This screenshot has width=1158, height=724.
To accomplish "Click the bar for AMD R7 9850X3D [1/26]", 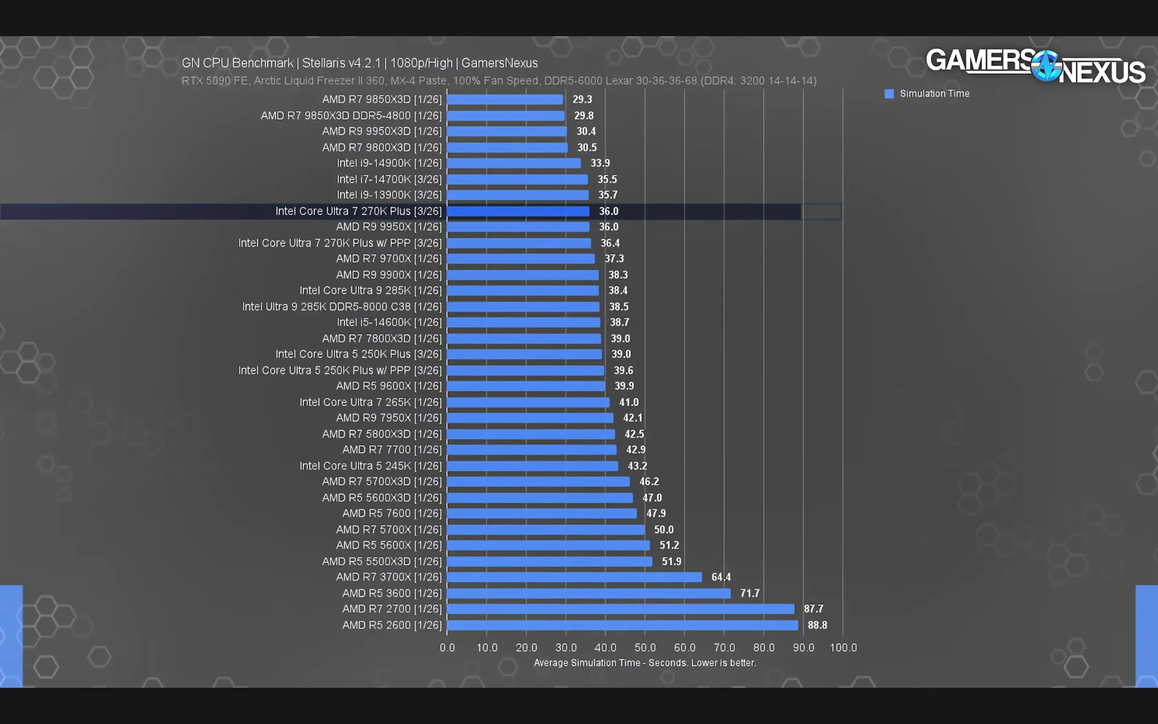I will (504, 99).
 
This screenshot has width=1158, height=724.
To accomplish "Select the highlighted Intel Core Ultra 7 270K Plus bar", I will (518, 211).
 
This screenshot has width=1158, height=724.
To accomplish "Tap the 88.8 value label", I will (817, 625).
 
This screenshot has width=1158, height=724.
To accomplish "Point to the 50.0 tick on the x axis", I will (645, 648).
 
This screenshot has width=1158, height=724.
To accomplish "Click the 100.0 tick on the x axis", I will (843, 648).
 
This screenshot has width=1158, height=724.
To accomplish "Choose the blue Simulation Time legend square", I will (889, 94).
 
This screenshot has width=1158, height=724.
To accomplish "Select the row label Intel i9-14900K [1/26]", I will (389, 163).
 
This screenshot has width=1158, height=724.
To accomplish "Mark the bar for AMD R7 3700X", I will (574, 577).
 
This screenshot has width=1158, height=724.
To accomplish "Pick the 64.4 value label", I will (721, 577).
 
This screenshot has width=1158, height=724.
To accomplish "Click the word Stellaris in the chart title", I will (323, 63).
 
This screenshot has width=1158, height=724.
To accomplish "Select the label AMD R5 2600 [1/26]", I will (392, 625).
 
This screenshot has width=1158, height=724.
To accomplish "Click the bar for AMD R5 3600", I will (588, 593).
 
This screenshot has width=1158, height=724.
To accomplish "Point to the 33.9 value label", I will (600, 163).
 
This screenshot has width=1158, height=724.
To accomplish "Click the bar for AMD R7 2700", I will (620, 609).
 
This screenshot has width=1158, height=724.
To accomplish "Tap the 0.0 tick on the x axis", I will (447, 648).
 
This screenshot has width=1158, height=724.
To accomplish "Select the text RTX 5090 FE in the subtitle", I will (214, 81).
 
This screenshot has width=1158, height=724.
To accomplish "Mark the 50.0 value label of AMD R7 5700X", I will (664, 529).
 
